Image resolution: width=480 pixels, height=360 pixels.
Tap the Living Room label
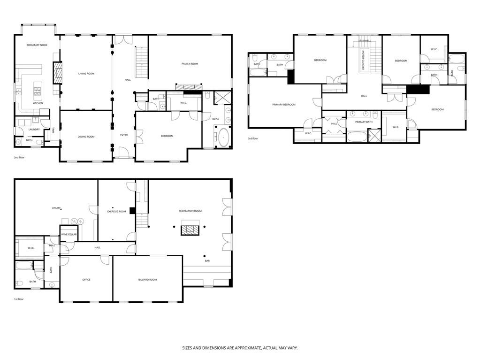[86, 74]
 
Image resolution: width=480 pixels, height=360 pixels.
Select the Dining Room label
[86, 137]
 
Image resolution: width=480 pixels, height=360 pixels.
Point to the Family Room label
[190, 63]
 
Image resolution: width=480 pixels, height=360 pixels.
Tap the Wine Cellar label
[69, 234]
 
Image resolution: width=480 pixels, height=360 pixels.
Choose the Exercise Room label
[116, 212]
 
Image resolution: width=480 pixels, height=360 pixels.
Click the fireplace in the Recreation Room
[190, 229]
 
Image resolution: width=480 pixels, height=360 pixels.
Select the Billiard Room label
[147, 280]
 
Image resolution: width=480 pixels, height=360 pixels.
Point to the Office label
[86, 280]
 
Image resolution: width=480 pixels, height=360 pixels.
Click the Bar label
[207, 261]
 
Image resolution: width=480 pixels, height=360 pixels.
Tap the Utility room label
[56, 208]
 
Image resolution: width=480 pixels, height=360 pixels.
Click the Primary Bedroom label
[284, 104]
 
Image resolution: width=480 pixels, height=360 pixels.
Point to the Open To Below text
[363, 60]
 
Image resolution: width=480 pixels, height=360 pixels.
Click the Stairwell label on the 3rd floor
[365, 41]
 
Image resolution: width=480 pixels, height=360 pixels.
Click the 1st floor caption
[19, 299]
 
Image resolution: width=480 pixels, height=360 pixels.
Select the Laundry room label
[34, 130]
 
